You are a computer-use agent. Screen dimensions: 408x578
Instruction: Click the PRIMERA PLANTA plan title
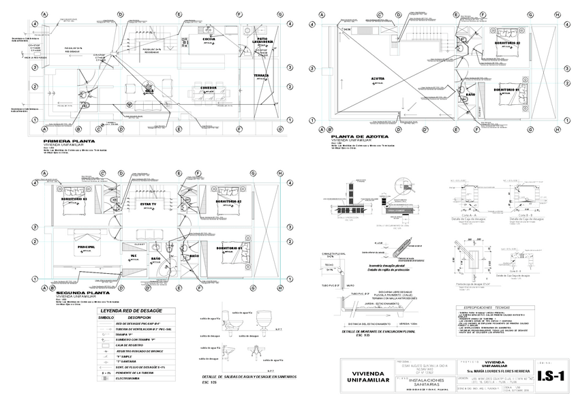click(x=69, y=142)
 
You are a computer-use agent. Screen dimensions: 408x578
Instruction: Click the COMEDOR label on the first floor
click(x=209, y=88)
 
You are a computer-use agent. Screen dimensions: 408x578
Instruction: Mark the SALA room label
click(x=149, y=90)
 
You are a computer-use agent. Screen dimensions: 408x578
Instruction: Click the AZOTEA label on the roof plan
click(x=378, y=79)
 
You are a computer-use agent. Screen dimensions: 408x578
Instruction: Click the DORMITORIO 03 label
click(x=75, y=198)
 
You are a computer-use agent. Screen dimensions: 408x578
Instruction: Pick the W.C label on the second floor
click(x=134, y=255)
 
